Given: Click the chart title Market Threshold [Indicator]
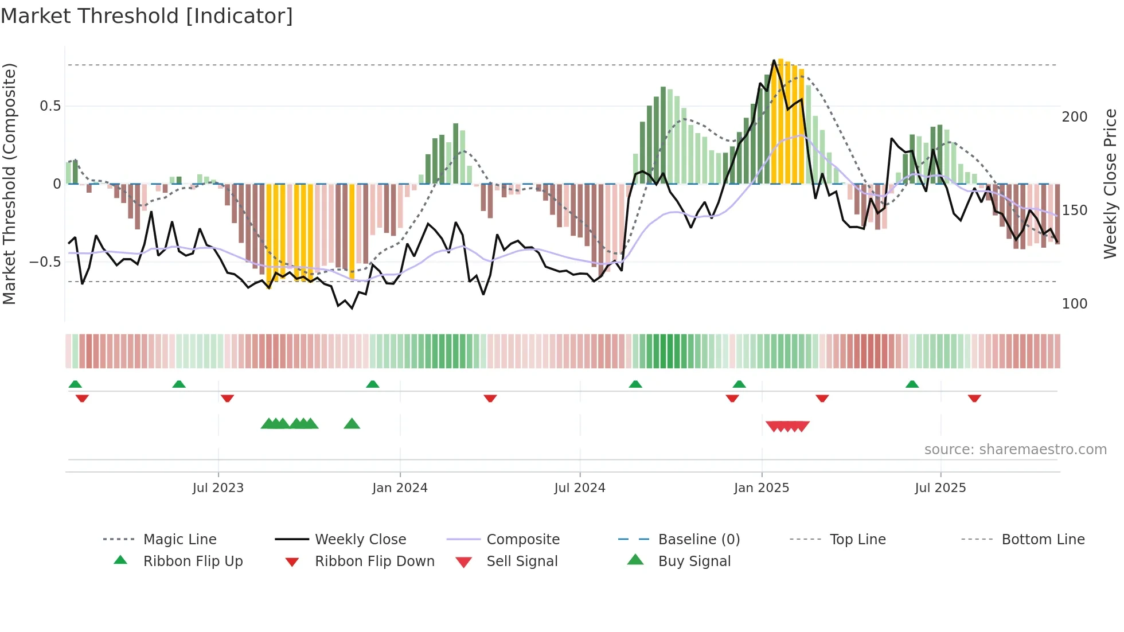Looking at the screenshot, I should [147, 16].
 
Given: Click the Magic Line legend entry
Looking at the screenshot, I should [179, 540].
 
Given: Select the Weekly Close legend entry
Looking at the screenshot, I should [360, 540].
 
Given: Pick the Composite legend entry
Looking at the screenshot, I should [522, 540].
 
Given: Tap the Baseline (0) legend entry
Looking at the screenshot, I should [698, 540].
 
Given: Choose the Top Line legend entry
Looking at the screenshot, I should [857, 540].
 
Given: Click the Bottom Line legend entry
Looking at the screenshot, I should [1043, 540].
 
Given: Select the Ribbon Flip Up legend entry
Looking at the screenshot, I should [193, 561].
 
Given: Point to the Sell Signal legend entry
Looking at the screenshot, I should [521, 561].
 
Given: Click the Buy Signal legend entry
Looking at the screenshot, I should [694, 561].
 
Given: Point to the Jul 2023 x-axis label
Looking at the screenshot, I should [218, 488].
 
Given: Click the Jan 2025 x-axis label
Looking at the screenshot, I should [761, 488].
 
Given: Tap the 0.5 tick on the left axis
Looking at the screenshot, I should [50, 106].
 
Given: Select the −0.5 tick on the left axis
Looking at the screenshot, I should [46, 262].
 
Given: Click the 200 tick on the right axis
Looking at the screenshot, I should [1074, 117].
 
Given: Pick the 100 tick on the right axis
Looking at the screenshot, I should [1074, 304].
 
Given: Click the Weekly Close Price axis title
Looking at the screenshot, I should [1110, 184].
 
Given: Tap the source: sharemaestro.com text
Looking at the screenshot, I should [1015, 450].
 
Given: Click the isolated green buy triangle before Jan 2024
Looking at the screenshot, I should [352, 424].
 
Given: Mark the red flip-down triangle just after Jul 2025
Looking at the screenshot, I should [974, 399].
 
